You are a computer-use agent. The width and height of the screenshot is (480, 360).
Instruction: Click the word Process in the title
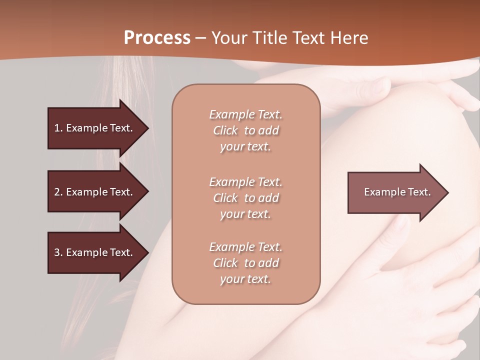(157, 38)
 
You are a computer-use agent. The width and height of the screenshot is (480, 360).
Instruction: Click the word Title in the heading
(270, 38)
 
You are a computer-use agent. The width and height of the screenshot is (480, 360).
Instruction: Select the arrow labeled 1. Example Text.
(93, 128)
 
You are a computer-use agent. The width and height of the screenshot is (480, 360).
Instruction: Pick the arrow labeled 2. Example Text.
(93, 192)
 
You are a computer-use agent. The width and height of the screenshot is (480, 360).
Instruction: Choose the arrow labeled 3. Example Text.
(93, 252)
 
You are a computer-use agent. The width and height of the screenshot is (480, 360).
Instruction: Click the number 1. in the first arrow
(58, 128)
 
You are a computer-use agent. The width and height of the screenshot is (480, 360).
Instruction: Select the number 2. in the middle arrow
(58, 192)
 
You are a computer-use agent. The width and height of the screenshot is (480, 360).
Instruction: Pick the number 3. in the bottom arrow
(58, 252)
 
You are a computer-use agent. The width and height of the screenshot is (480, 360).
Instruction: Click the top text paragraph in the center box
(245, 130)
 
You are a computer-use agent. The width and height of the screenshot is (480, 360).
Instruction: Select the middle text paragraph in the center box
(245, 198)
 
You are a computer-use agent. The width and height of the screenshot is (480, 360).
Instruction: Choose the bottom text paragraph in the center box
(245, 263)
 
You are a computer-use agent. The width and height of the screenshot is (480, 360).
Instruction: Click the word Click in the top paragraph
(225, 130)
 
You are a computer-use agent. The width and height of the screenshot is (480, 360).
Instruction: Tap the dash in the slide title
(201, 38)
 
